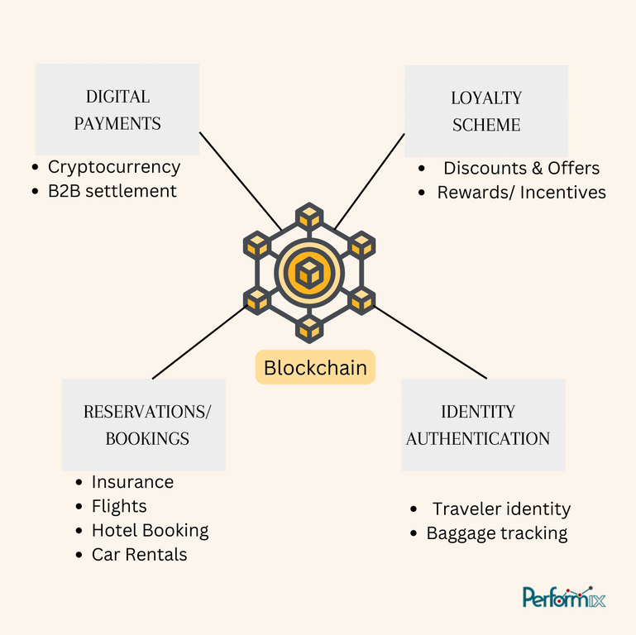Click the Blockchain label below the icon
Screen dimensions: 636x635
coord(315,367)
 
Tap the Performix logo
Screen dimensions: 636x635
coord(564,597)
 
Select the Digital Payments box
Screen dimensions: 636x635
coord(117,109)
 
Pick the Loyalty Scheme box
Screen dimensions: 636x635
coord(486,111)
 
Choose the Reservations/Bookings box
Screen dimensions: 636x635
coord(144,424)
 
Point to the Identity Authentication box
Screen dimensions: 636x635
coord(483,424)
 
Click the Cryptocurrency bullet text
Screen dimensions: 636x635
coord(114,167)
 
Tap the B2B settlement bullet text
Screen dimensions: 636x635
coord(112,191)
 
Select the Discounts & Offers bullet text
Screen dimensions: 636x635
coord(521,168)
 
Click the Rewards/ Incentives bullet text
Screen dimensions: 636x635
coord(521,192)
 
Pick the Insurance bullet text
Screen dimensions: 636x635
coord(132,482)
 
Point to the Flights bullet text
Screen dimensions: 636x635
coord(119,506)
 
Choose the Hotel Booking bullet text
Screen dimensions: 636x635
coord(150,530)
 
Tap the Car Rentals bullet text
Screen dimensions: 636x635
coord(140,554)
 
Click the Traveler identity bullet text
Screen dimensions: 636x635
coord(501,508)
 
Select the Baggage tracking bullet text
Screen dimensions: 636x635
coord(497,533)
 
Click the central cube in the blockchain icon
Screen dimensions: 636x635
coord(309,273)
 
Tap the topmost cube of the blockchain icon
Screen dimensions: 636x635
coord(309,215)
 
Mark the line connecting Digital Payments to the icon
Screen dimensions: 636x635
coord(240,181)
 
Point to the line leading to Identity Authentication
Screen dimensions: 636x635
coord(430,342)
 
